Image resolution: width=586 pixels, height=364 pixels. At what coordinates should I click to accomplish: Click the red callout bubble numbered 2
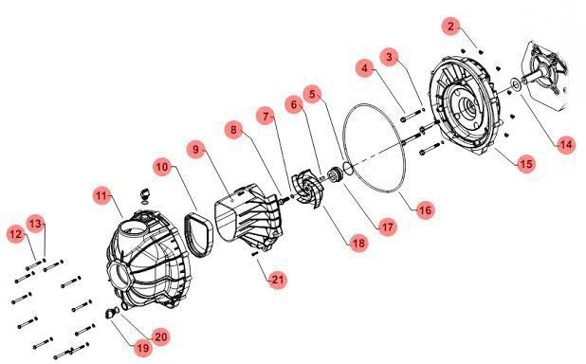coord(451,27)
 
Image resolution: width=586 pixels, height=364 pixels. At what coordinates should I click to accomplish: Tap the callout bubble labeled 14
coord(566,145)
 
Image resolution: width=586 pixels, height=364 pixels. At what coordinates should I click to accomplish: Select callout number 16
coord(425,210)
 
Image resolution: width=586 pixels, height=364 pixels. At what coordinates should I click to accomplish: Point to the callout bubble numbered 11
coord(101,196)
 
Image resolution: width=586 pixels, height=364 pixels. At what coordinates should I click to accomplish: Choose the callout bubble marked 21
coord(277,280)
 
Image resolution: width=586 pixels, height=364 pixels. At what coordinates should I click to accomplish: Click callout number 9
coord(196,150)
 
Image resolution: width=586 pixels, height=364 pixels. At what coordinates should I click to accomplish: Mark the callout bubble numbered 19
coord(143,348)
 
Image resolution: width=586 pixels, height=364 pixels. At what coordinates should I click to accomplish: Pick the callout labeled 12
coord(16,234)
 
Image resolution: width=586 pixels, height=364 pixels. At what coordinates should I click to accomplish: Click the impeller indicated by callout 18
coord(307,191)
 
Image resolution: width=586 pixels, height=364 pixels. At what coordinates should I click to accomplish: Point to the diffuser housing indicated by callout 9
coord(248,216)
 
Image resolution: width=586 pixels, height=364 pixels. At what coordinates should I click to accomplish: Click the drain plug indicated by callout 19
coord(110,313)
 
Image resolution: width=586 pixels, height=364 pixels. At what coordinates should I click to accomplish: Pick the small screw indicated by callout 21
coord(255,253)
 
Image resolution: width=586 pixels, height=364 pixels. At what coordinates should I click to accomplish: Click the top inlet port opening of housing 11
coord(132,227)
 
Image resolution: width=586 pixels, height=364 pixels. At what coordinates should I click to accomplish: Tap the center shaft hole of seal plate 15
coord(467,104)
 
